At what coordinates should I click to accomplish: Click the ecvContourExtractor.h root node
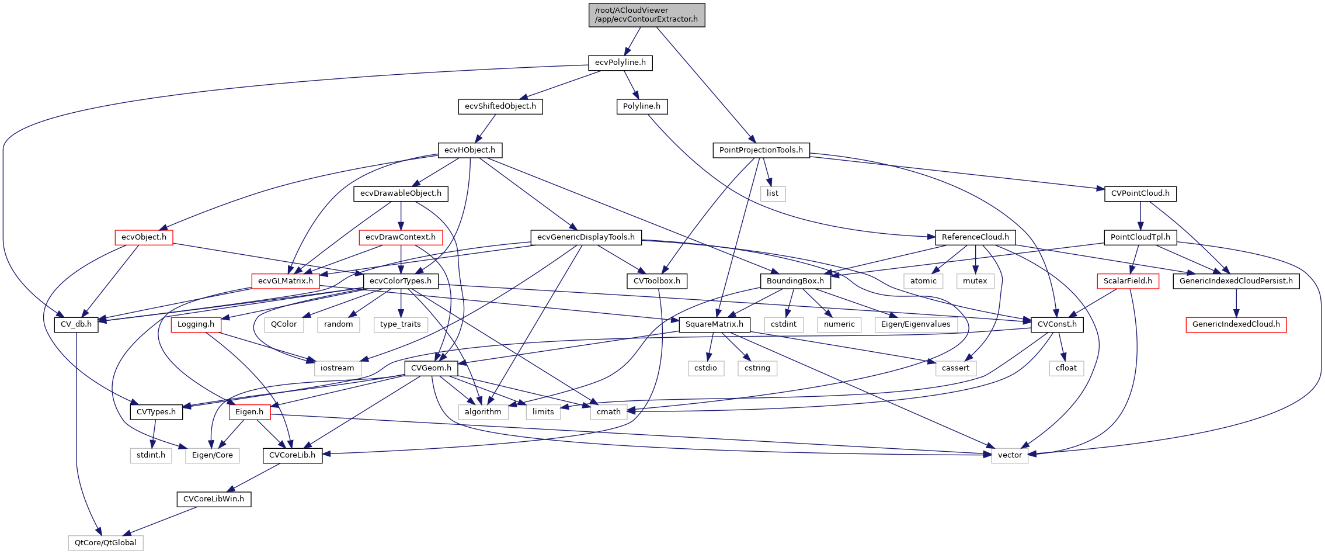pyautogui.click(x=646, y=15)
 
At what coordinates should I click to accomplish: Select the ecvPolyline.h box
pyautogui.click(x=620, y=63)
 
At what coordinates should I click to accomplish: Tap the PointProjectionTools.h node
pyautogui.click(x=761, y=150)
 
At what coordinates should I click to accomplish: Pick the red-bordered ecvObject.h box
pyautogui.click(x=144, y=237)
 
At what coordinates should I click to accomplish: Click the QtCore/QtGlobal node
pyautogui.click(x=106, y=543)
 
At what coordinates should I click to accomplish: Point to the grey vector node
pyautogui.click(x=1010, y=455)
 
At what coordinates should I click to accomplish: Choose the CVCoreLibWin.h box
pyautogui.click(x=214, y=499)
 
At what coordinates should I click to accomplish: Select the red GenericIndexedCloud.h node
pyautogui.click(x=1236, y=324)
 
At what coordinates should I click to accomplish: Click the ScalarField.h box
pyautogui.click(x=1127, y=281)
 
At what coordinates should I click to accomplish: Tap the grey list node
pyautogui.click(x=773, y=193)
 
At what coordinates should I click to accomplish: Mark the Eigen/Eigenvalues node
pyautogui.click(x=915, y=324)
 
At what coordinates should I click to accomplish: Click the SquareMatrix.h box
pyautogui.click(x=714, y=324)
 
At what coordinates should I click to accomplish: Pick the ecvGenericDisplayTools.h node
pyautogui.click(x=586, y=237)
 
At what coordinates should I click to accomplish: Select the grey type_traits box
pyautogui.click(x=401, y=324)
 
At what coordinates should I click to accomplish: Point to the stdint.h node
pyautogui.click(x=151, y=455)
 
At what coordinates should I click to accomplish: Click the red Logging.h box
pyautogui.click(x=196, y=324)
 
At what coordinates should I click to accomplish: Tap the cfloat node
pyautogui.click(x=1066, y=368)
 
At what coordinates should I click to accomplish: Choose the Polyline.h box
pyautogui.click(x=641, y=106)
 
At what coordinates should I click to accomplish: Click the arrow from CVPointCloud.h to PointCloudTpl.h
pyautogui.click(x=1140, y=216)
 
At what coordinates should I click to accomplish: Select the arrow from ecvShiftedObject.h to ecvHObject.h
pyautogui.click(x=486, y=128)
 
